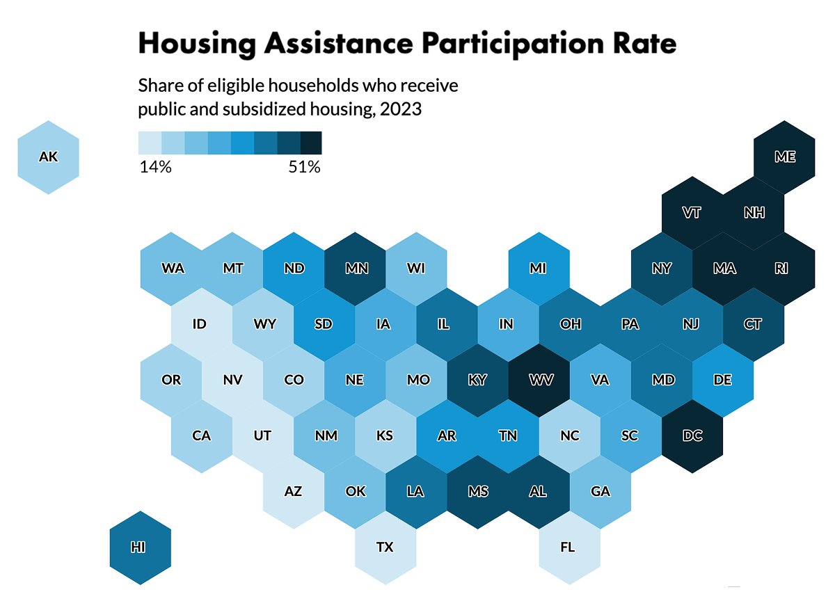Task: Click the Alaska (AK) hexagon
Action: pos(48,157)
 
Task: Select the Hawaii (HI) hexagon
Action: pos(140,547)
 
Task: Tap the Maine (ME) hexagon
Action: pos(784,157)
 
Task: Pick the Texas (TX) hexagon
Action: pos(385,547)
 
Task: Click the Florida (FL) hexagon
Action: pos(568,547)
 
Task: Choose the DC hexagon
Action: pos(692,436)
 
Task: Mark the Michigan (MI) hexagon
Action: pos(538,269)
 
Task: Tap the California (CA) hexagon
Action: pos(201,436)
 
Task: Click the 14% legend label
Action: pos(155,168)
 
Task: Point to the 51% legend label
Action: pos(304,168)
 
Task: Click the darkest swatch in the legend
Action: pos(311,143)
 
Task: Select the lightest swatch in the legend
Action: pos(150,143)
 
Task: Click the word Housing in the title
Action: pos(197,43)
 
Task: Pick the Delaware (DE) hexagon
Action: pos(723,381)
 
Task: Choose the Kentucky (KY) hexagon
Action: pos(477,381)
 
